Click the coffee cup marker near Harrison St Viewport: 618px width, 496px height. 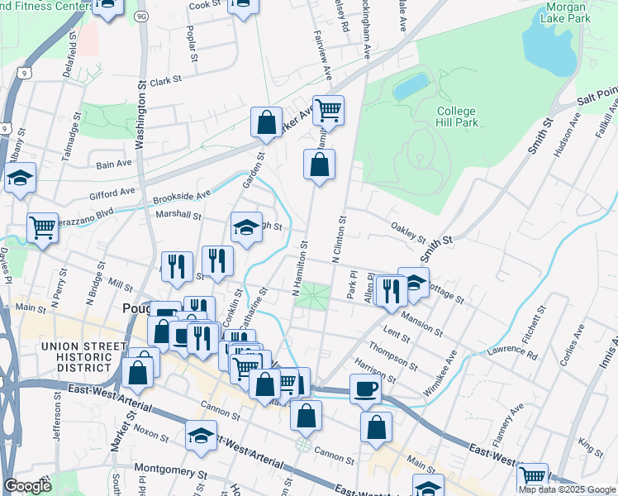[x=365, y=389]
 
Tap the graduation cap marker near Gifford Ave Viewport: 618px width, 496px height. [x=20, y=178]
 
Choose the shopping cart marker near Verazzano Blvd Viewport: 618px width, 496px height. [x=42, y=227]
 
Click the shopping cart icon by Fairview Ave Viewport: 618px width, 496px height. [x=328, y=110]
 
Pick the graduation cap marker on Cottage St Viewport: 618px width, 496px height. [x=414, y=282]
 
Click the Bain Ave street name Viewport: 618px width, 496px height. [x=114, y=165]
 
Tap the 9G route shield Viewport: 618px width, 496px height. [x=141, y=15]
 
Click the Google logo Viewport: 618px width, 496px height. [x=27, y=486]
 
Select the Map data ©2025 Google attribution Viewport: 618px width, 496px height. [x=567, y=489]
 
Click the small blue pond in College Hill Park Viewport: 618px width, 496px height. [x=411, y=85]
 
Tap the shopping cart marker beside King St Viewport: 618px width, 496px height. [x=532, y=477]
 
